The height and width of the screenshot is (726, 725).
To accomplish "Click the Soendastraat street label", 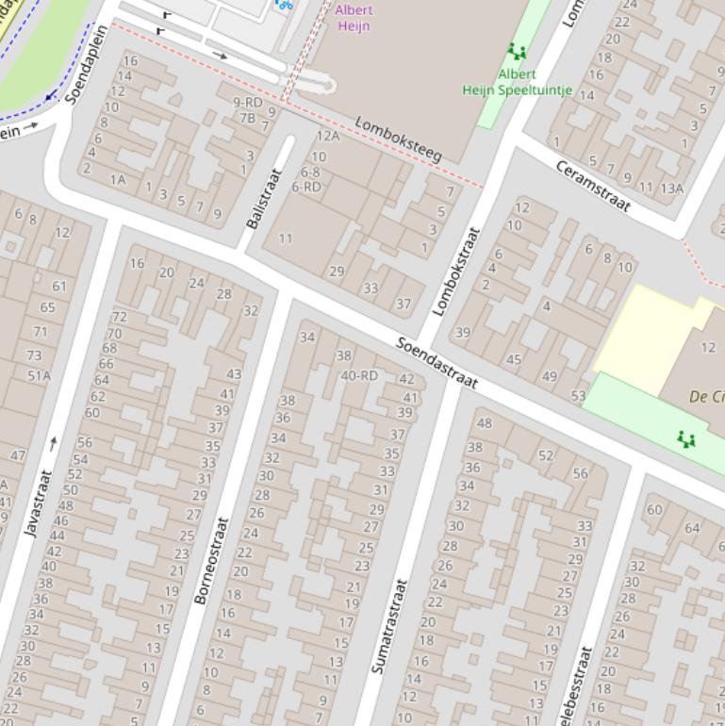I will pos(437,363).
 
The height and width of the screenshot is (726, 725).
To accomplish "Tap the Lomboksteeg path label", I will pos(398,139).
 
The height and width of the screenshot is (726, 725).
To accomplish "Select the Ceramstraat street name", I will pos(592,186).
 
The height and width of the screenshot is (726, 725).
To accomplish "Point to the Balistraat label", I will pos(264,198).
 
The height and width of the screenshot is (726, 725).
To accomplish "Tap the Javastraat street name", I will pos(38,503).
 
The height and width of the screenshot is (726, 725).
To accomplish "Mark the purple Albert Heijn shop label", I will pos(354,18).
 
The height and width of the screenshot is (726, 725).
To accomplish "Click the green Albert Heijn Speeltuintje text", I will pos(517,82).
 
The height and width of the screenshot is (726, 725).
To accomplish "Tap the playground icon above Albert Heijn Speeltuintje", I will pos(516,51).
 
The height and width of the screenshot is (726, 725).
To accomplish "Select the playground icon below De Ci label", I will pos(685,438).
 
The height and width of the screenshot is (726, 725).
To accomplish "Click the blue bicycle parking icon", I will pos(284,4).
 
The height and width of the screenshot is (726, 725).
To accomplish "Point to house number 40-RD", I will pos(359,375).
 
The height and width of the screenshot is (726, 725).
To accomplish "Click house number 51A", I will pos(39,375).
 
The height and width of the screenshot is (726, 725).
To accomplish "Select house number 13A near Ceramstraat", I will pos(671,188).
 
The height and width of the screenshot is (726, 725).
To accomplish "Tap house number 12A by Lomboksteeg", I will pos(327,137).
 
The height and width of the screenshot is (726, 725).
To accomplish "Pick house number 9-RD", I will pos(248,102).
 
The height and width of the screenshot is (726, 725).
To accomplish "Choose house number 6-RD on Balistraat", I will pos(305,187).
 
